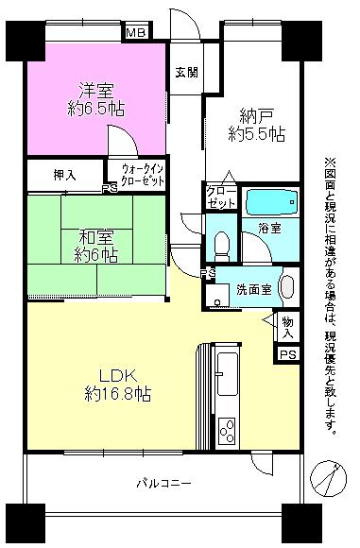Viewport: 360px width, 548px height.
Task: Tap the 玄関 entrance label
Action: [x=185, y=73]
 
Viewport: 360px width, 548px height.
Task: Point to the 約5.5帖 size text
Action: [x=257, y=134]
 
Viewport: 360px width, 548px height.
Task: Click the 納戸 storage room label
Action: [x=256, y=117]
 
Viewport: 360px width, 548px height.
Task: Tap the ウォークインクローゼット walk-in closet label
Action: [x=143, y=175]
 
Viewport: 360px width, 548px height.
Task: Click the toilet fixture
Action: [x=220, y=245]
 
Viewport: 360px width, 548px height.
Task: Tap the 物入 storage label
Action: [x=287, y=327]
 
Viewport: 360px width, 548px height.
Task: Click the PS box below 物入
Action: [x=287, y=354]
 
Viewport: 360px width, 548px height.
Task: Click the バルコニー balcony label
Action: [x=165, y=483]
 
